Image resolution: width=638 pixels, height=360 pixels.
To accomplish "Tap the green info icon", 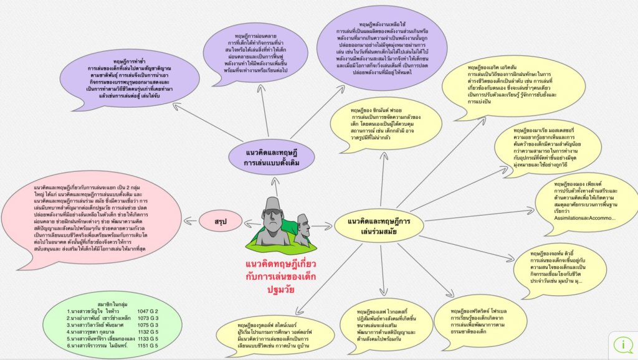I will pyautogui.click(x=623, y=344).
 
